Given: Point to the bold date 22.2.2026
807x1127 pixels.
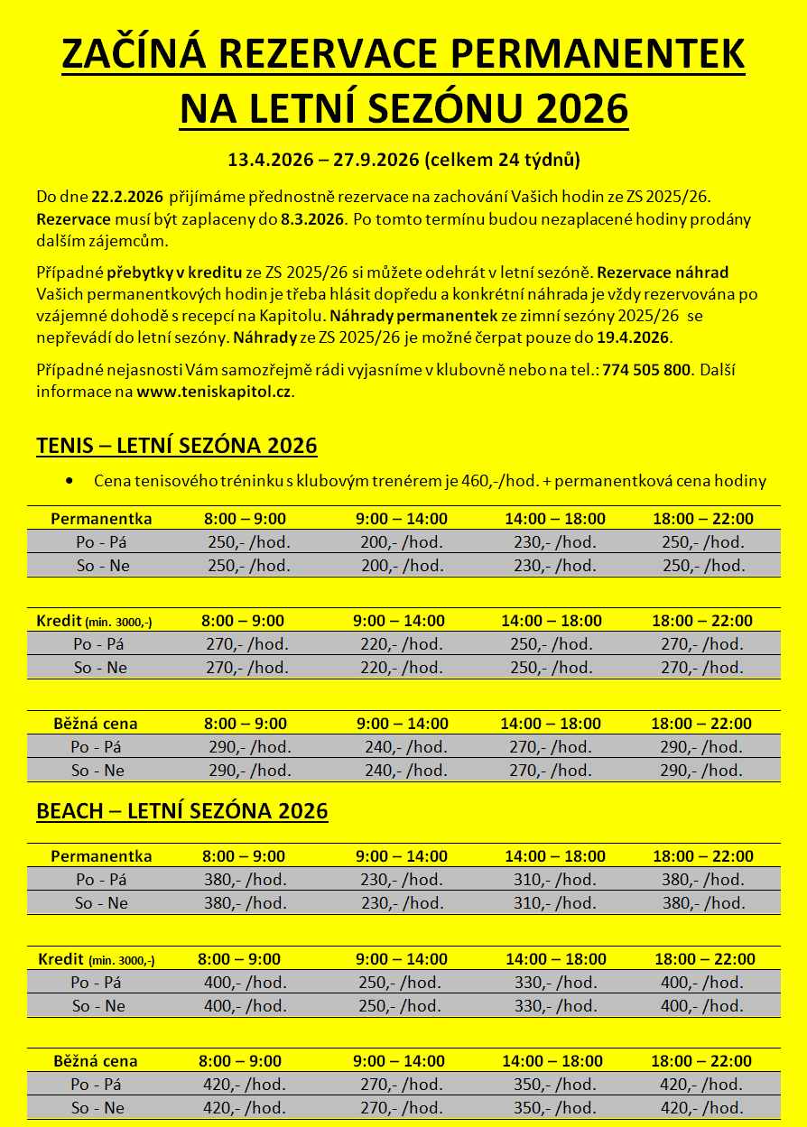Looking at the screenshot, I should coord(126,196).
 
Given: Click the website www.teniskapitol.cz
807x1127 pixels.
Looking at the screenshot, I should coord(214,393).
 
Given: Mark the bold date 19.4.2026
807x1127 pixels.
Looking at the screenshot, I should coord(632,337).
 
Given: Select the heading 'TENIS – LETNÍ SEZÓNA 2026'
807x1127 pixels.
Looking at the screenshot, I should coord(176,446).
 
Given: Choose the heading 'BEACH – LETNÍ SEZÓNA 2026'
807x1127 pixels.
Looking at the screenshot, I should coord(181,810).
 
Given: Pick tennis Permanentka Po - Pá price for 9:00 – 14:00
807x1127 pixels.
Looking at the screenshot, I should coord(402,542).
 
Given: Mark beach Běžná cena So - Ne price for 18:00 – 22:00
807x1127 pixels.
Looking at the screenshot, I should coord(701,1108).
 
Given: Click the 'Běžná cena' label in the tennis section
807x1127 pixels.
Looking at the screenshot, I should coord(95,724).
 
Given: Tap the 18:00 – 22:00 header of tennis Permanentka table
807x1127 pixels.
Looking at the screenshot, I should coord(702,519).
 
